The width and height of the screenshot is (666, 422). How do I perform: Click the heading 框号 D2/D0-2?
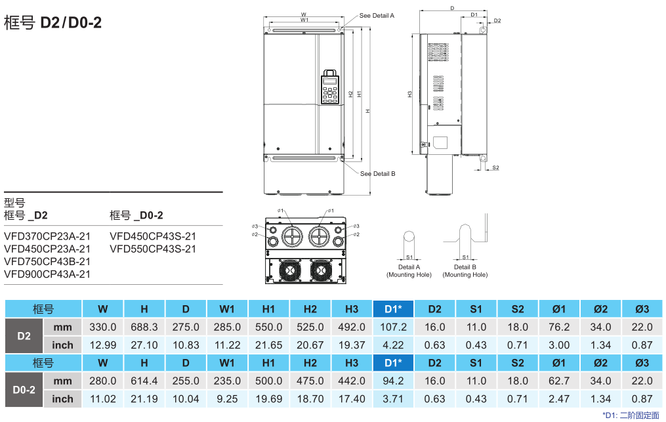[x=52, y=22]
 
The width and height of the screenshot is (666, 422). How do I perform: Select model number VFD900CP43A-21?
[x=47, y=274]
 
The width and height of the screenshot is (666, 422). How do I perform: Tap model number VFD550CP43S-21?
[x=153, y=249]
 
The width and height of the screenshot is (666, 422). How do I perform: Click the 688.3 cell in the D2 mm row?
[x=144, y=327]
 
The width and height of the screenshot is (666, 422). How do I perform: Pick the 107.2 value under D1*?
[x=393, y=327]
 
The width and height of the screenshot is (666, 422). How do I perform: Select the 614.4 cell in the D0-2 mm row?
[x=144, y=381]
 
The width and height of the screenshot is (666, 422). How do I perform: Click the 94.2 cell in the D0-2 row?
[x=393, y=381]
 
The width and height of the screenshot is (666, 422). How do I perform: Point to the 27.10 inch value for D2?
[x=144, y=345]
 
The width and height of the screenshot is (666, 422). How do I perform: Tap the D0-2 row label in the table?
[x=24, y=389]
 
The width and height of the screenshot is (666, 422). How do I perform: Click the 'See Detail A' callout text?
[x=377, y=15]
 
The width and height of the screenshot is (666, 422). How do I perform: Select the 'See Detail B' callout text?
[x=377, y=174]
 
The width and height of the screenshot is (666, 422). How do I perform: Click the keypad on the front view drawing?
[x=330, y=88]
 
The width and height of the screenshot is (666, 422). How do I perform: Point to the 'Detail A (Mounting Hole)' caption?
[x=409, y=270]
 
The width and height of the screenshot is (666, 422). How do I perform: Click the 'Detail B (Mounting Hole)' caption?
[x=465, y=270]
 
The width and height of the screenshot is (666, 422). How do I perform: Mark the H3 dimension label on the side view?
[x=410, y=94]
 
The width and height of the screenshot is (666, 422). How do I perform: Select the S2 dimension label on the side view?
[x=495, y=168]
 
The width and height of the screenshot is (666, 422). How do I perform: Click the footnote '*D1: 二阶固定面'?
[x=630, y=415]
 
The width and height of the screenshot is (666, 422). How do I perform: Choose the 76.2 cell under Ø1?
[x=558, y=327]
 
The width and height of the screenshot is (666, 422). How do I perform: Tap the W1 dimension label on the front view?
[x=304, y=20]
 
